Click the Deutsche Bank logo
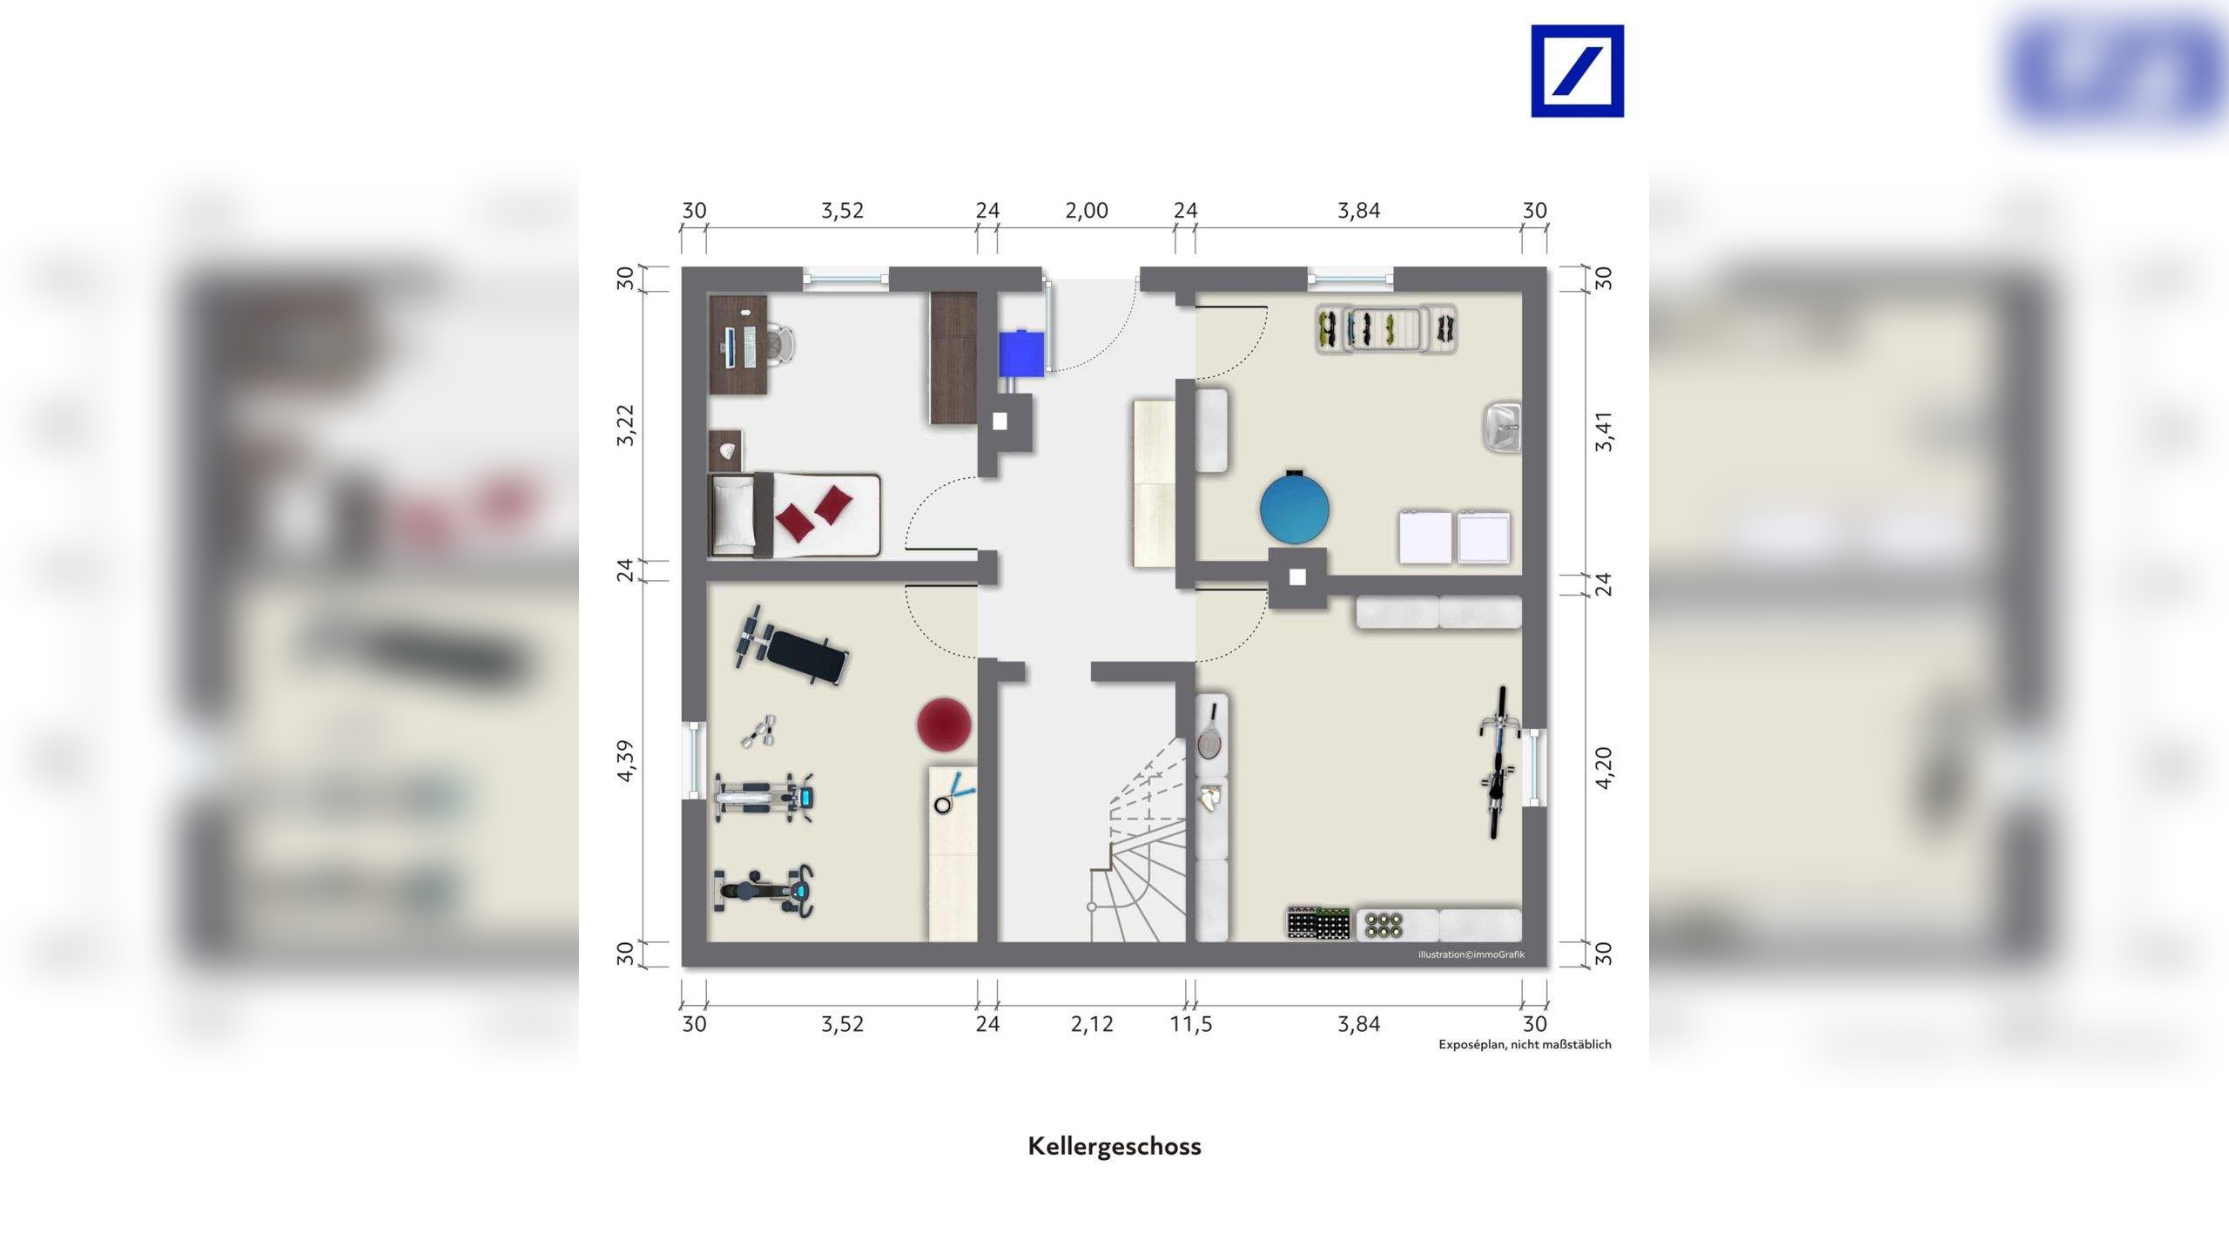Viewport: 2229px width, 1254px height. [1577, 71]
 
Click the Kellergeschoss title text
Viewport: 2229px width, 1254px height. [1114, 1146]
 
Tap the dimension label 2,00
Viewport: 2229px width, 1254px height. [1087, 211]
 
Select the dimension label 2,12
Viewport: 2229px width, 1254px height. [1092, 1024]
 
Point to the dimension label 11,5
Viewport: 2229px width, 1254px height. [1190, 1024]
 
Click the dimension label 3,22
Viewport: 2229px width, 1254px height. [626, 425]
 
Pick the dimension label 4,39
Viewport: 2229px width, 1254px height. [626, 760]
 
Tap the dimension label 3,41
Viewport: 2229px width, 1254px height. [1603, 431]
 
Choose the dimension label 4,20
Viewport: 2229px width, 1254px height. [1603, 767]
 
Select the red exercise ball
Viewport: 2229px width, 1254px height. [944, 724]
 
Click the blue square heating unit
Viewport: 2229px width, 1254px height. [1020, 353]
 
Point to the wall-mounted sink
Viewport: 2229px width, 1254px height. [1502, 427]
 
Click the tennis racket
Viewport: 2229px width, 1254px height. [1210, 733]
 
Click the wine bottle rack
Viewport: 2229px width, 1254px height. [1318, 923]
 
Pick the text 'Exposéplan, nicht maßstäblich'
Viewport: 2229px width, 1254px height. [1525, 1044]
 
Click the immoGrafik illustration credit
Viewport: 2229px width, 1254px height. [1471, 954]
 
